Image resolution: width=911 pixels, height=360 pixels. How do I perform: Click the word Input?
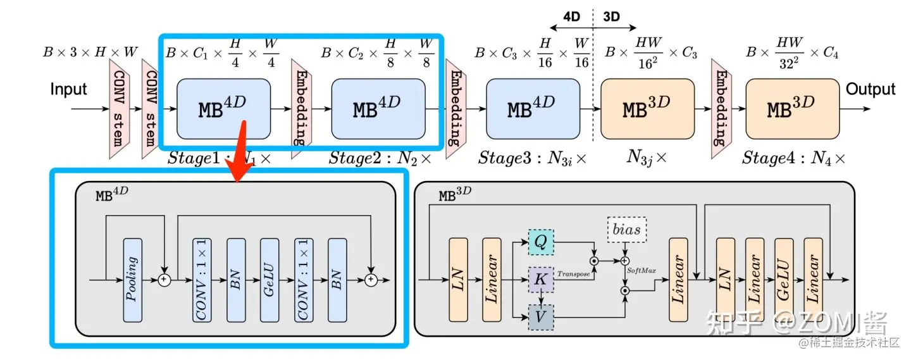pyautogui.click(x=68, y=89)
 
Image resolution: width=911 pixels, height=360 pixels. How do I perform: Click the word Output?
pyautogui.click(x=871, y=89)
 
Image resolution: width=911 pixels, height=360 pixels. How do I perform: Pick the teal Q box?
pyautogui.click(x=541, y=241)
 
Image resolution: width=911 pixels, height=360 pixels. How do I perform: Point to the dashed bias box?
pyautogui.click(x=625, y=231)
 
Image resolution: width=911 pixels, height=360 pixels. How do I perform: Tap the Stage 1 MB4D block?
pyautogui.click(x=223, y=109)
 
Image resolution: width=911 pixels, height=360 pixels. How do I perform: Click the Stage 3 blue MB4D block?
pyautogui.click(x=533, y=109)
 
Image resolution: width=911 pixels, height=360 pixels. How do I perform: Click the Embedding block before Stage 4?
pyautogui.click(x=719, y=109)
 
